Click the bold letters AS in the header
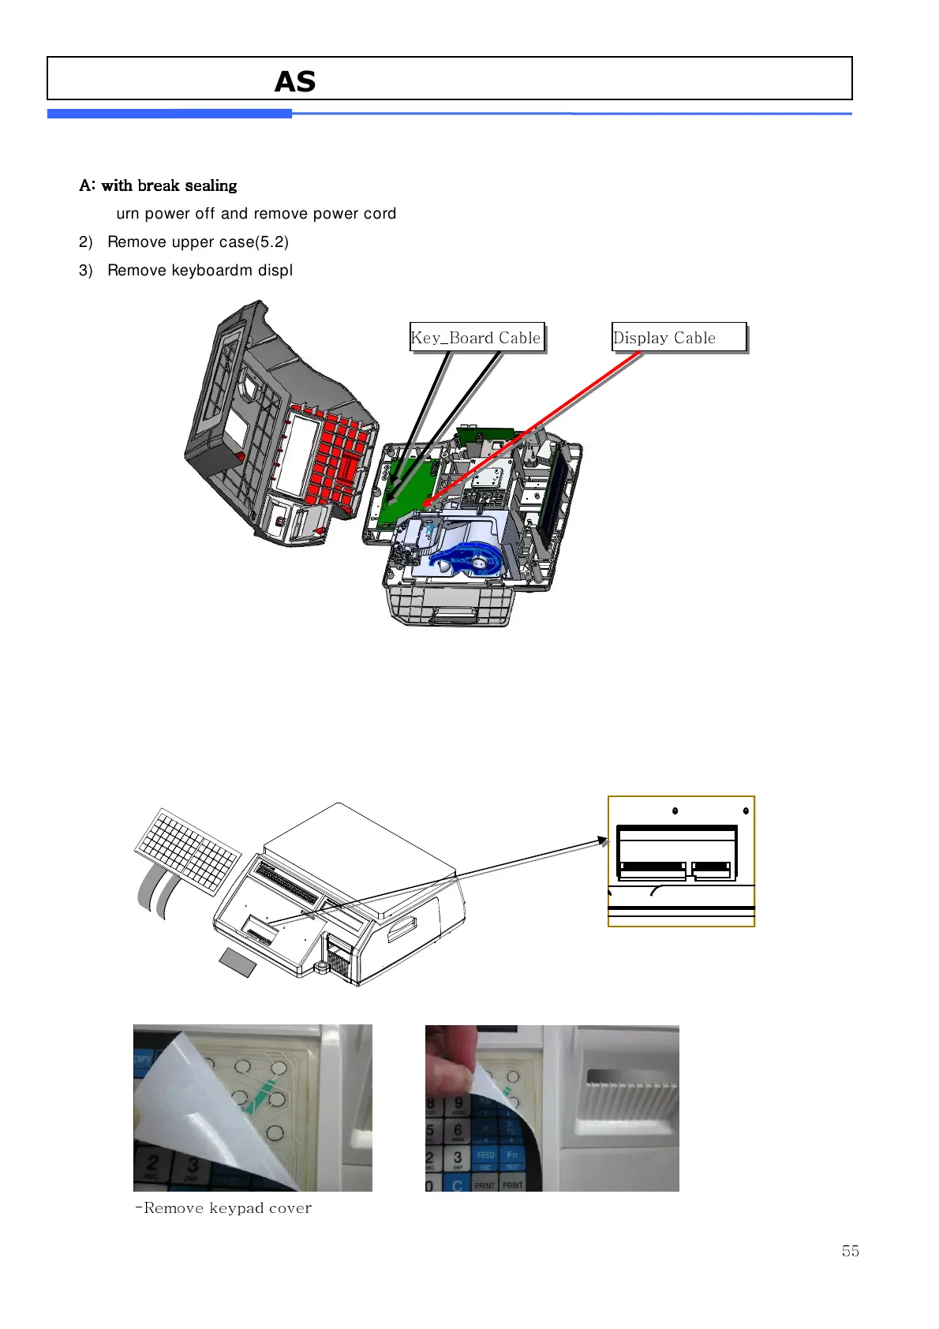click(x=295, y=81)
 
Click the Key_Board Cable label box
click(x=477, y=338)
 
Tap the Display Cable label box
click(x=679, y=338)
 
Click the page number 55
click(x=850, y=1251)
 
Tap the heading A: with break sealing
click(x=158, y=185)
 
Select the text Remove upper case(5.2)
click(x=198, y=242)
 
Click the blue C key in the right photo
click(x=457, y=1185)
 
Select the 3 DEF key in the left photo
click(x=192, y=1167)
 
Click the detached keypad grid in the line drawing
click(x=188, y=851)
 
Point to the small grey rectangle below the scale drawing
click(x=237, y=963)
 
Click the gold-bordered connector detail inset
click(x=681, y=861)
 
